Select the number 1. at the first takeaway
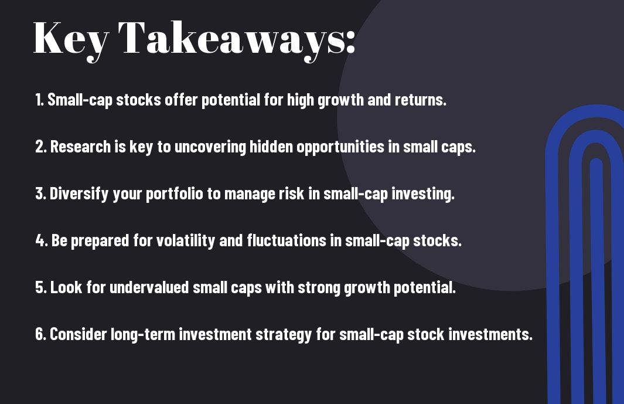click(39, 100)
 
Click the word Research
click(80, 147)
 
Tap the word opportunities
click(340, 147)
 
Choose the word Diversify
click(79, 194)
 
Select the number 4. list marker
click(42, 240)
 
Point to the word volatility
click(186, 241)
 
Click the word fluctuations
click(286, 240)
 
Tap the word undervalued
click(149, 287)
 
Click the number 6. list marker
click(41, 334)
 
